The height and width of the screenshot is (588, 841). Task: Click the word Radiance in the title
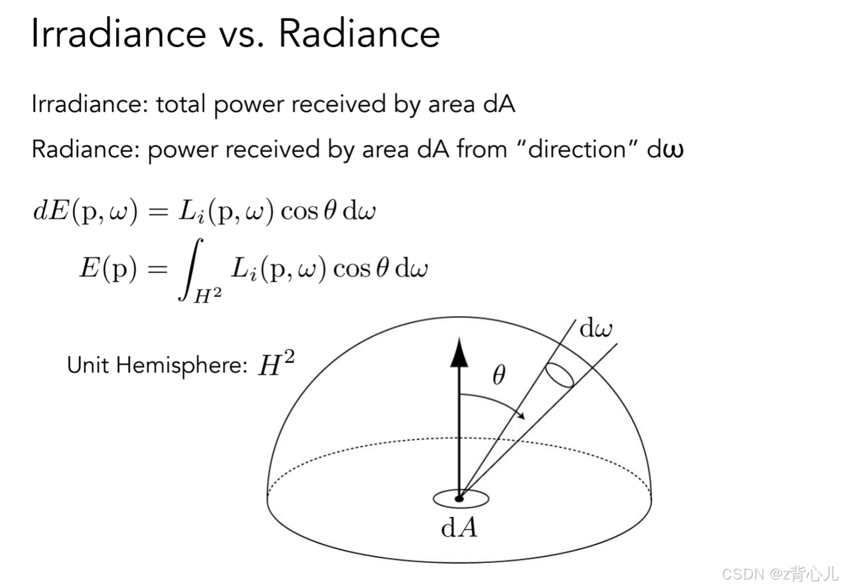coord(359,33)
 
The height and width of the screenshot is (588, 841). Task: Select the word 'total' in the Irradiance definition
coord(180,104)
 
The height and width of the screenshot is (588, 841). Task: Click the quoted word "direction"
coord(578,149)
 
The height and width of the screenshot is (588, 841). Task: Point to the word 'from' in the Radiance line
coord(482,149)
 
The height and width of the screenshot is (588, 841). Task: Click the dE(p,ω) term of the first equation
coord(86,211)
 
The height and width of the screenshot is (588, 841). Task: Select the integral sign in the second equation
coord(190,269)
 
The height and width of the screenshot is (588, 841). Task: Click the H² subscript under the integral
coord(207,296)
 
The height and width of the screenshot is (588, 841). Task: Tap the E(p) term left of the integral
coord(108,268)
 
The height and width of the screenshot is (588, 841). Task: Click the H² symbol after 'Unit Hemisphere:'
coord(276,364)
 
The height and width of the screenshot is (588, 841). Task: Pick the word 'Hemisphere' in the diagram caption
coord(182,366)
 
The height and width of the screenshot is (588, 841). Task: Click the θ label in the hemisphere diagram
coord(499,374)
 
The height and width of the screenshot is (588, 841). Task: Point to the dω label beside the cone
coord(595,329)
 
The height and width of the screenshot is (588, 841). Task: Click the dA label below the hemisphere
coord(459,527)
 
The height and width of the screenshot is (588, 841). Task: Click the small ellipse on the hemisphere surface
coord(559,375)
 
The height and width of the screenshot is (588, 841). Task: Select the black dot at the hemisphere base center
coord(460,499)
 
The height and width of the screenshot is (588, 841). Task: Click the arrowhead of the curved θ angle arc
coord(521,416)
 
